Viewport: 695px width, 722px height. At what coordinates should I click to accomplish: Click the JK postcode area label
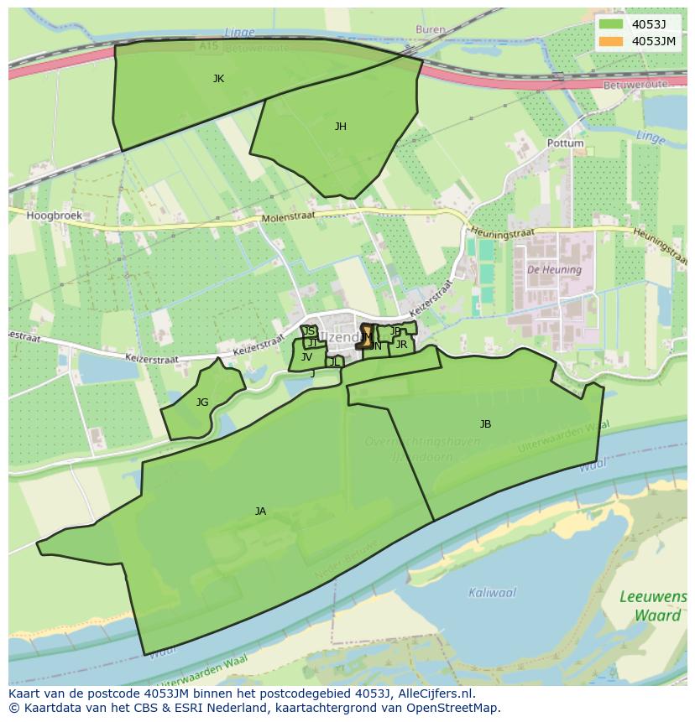218,79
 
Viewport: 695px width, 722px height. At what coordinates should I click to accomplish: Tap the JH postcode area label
340,127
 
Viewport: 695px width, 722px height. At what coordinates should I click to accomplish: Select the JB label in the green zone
485,424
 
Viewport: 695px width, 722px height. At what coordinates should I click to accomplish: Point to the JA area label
260,512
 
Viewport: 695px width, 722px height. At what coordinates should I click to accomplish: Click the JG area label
202,403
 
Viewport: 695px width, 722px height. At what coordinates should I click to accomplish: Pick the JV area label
306,357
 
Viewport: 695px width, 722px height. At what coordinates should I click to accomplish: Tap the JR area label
401,345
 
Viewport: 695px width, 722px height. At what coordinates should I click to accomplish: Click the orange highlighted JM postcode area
366,336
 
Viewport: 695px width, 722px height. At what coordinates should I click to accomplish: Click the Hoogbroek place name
54,216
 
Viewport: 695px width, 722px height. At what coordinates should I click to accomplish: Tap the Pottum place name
565,143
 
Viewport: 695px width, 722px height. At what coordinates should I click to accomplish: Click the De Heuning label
554,270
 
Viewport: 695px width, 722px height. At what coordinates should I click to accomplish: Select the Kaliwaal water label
492,593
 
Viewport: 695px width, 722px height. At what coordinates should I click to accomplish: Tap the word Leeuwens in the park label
652,597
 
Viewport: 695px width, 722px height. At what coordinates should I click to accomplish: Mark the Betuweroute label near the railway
635,85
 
